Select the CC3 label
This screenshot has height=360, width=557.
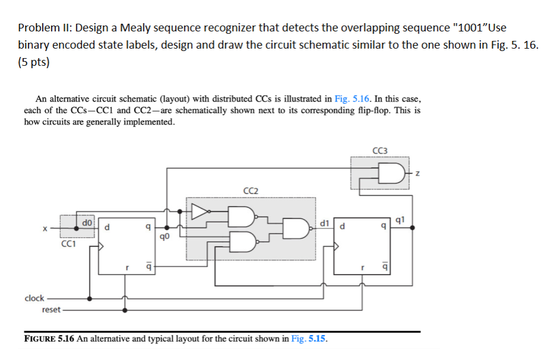[380, 151]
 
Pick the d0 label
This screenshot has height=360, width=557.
[87, 223]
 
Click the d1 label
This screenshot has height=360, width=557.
[324, 223]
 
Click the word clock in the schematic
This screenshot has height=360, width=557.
[34, 298]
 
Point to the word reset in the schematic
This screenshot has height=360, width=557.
[51, 310]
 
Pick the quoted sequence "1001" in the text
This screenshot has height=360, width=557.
[470, 28]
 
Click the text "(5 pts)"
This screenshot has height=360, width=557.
[34, 62]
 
